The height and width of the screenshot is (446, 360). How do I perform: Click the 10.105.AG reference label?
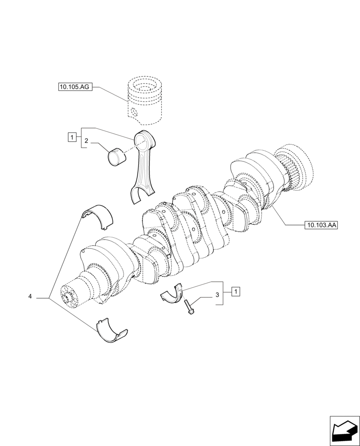pos(74,87)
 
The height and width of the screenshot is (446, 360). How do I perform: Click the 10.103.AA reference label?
pos(321,225)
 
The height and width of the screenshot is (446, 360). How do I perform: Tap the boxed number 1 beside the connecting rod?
pos(71,137)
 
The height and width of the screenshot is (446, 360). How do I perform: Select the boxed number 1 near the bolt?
pos(236,292)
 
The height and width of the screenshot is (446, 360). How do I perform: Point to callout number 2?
pos(86,141)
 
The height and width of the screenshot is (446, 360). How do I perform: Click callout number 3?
pos(217,295)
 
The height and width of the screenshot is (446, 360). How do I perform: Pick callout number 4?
pos(30,296)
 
